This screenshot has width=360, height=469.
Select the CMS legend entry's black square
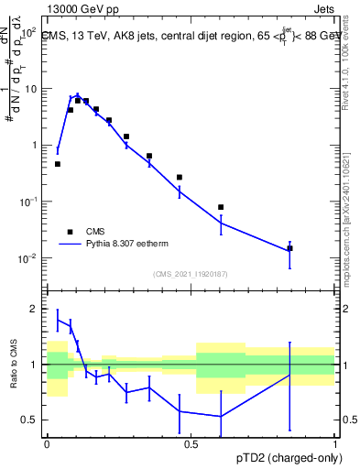(x=70, y=232)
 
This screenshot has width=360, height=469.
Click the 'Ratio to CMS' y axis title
(x=15, y=365)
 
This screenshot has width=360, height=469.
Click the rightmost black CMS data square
(x=289, y=248)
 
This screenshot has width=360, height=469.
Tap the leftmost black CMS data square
(x=58, y=164)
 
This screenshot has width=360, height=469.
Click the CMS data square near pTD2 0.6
(x=221, y=207)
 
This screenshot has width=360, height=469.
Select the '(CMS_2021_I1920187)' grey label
(x=191, y=273)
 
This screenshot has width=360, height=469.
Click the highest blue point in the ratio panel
(x=58, y=320)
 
